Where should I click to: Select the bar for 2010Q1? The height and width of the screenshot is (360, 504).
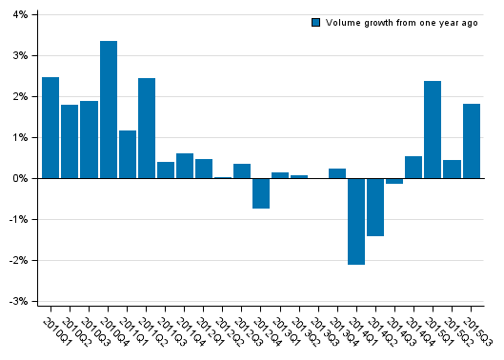50,128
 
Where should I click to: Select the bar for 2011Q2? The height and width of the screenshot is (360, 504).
147,129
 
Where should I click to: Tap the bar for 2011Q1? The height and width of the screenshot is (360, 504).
128,154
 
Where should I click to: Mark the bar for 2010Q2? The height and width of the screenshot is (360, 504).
70,141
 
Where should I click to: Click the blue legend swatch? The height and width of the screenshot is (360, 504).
316,22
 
